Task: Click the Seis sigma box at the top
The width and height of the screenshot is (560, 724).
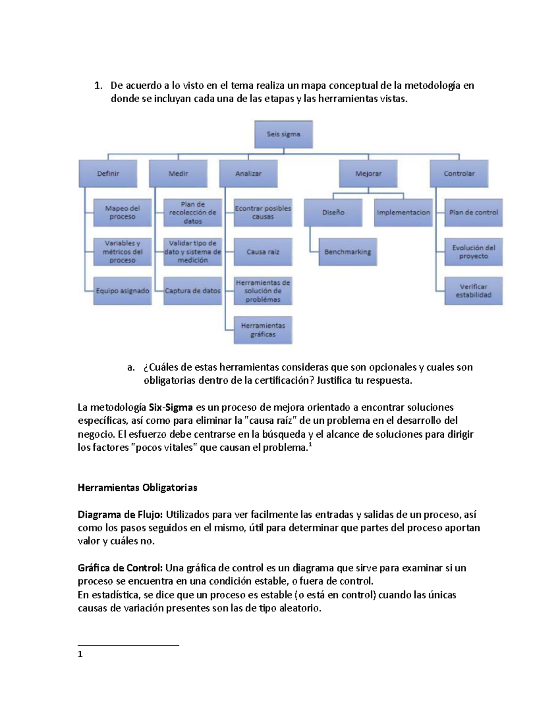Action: [x=283, y=134]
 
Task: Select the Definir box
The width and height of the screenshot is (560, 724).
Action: [x=108, y=173]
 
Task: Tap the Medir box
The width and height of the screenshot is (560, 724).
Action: [x=178, y=173]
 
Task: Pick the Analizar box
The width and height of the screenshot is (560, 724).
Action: [x=248, y=173]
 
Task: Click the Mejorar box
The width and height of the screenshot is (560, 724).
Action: [x=368, y=173]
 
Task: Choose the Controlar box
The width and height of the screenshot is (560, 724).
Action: [x=459, y=173]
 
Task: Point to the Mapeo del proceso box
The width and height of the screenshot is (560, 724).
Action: [x=122, y=213]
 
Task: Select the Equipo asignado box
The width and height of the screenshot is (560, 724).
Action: [x=122, y=291]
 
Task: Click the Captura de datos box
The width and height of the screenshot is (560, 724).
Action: [x=192, y=291]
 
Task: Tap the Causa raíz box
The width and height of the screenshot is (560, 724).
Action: [x=263, y=252]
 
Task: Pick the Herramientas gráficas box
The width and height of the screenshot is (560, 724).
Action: [x=263, y=330]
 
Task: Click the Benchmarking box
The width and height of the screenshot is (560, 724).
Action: [x=348, y=252]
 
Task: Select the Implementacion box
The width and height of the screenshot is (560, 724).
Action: [x=403, y=213]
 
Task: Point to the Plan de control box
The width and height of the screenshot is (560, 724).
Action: [x=473, y=213]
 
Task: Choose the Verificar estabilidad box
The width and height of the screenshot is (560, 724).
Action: [x=473, y=291]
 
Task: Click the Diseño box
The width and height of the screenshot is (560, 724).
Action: [x=333, y=213]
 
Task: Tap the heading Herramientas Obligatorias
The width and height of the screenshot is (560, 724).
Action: [x=137, y=488]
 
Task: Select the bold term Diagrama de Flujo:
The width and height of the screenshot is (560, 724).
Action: [x=120, y=515]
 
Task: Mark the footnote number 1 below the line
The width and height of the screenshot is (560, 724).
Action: [x=80, y=654]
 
